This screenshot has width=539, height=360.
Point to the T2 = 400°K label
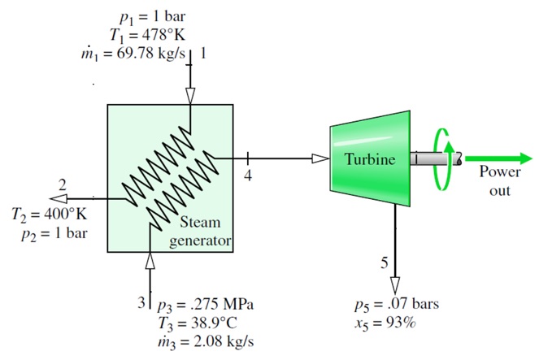[x=48, y=215]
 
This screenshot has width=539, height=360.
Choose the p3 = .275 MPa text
[x=203, y=306]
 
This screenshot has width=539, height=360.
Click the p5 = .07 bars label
[x=397, y=306]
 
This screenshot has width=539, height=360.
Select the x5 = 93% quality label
[x=389, y=323]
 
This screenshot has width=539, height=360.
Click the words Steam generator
[x=200, y=232]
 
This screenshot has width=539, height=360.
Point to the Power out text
[x=494, y=180]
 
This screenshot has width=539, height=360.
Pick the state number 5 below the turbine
[x=384, y=262]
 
